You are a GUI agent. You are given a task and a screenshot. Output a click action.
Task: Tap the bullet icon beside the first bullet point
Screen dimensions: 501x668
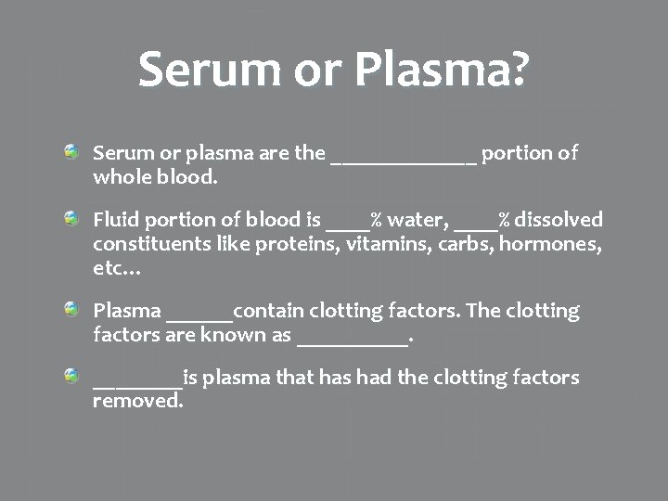point(71,149)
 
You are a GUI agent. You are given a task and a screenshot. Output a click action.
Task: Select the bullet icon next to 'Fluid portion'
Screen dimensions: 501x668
point(71,216)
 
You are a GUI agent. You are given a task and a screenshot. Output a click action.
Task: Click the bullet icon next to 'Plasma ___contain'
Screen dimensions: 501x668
point(71,307)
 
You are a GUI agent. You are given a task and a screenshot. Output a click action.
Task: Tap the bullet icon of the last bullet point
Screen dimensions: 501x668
point(71,374)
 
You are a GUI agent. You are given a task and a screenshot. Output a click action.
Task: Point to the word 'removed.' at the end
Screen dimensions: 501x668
point(138,403)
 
